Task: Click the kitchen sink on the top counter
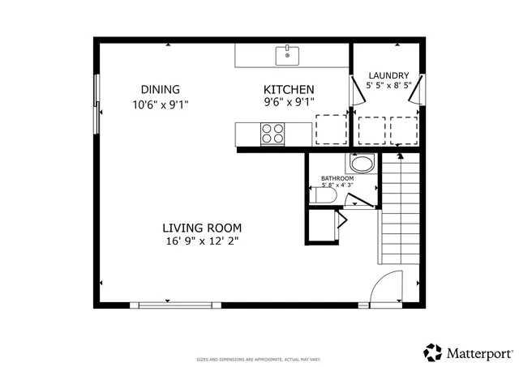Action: tap(287, 56)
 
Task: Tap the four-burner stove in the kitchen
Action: tap(272, 133)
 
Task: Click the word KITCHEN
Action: tap(289, 89)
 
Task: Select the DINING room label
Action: tap(160, 89)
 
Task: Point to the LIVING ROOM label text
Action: tap(201, 228)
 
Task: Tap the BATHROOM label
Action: tap(337, 178)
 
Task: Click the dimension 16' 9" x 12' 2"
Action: tap(201, 241)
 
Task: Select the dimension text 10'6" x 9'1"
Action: tap(160, 104)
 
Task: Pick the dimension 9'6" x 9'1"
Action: tap(289, 102)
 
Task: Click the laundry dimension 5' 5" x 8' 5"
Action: tap(388, 84)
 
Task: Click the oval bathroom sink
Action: tap(362, 164)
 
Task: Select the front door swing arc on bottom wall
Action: tap(386, 287)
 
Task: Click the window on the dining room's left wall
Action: tap(97, 105)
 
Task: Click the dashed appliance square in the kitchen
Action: tap(329, 129)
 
